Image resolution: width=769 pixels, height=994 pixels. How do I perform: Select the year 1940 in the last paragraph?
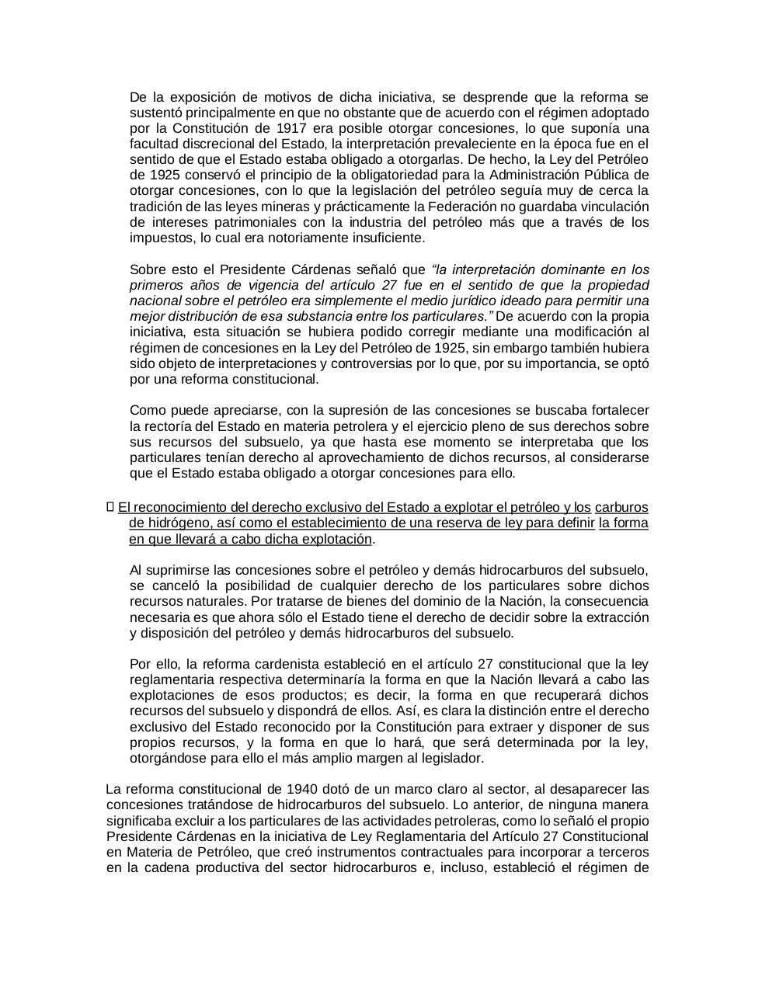(277, 789)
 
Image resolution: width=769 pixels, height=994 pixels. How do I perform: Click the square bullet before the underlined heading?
(110, 507)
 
